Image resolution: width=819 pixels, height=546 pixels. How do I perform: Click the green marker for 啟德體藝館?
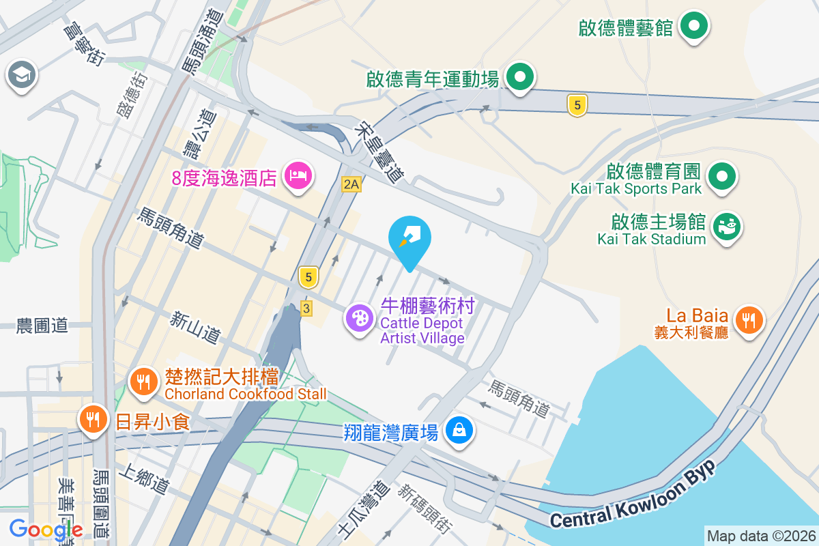pyautogui.click(x=695, y=27)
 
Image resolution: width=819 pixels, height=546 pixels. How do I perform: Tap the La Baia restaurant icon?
pyautogui.click(x=749, y=318)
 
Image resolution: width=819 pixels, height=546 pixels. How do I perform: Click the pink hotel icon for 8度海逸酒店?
pyautogui.click(x=298, y=177)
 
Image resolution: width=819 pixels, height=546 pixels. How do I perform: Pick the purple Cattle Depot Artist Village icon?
pyautogui.click(x=359, y=318)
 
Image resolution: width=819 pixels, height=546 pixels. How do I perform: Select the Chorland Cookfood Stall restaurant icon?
pyautogui.click(x=143, y=382)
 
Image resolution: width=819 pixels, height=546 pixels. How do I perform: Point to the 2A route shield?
pyautogui.click(x=351, y=184)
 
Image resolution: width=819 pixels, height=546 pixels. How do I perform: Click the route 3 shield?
pyautogui.click(x=306, y=309)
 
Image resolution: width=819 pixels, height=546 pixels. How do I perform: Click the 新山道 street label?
pyautogui.click(x=196, y=327)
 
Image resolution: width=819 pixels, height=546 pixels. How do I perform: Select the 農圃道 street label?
pyautogui.click(x=42, y=326)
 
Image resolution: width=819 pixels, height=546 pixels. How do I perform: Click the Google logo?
pyautogui.click(x=46, y=529)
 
